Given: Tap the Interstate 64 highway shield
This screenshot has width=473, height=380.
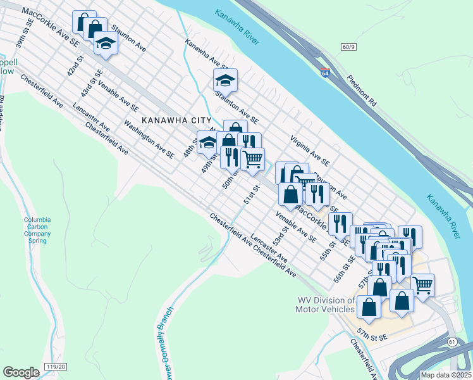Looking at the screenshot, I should click(x=325, y=73).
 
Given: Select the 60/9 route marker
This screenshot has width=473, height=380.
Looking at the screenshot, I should click(x=349, y=46).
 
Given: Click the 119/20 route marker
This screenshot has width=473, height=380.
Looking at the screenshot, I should click(x=56, y=366).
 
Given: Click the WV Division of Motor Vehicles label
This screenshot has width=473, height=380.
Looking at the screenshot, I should click(x=325, y=305).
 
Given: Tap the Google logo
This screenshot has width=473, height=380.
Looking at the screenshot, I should click(x=21, y=372).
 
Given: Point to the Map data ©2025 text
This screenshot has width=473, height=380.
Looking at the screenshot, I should click(x=445, y=375).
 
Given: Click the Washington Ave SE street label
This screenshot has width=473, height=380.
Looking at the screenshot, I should click(x=149, y=139).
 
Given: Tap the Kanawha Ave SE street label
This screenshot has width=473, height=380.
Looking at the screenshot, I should click(x=206, y=54).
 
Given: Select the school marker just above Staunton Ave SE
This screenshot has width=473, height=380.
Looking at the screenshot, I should click(x=225, y=80).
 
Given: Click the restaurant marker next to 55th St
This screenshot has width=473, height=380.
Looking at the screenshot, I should click(x=340, y=224).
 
